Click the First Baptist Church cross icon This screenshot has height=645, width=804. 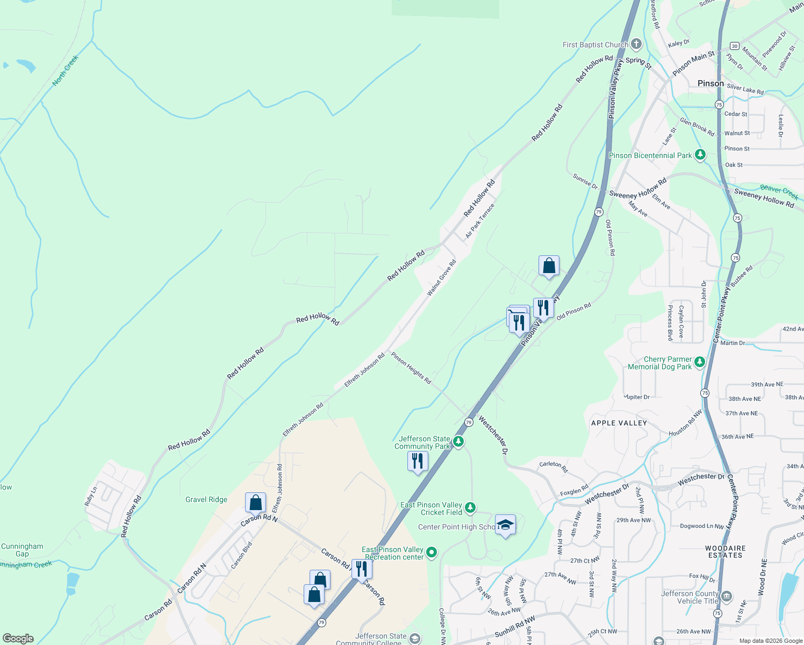click(636, 44)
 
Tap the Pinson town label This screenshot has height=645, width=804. click(710, 83)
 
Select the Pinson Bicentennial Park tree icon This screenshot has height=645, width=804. click(700, 155)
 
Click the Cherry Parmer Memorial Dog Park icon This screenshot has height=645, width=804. click(699, 362)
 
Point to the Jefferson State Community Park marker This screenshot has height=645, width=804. click(458, 442)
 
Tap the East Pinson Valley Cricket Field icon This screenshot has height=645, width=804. click(470, 508)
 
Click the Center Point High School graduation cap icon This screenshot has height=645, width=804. click(505, 525)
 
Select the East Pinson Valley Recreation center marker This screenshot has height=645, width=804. click(432, 553)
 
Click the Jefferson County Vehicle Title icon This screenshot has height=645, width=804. click(727, 596)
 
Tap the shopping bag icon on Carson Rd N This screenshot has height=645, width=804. click(256, 503)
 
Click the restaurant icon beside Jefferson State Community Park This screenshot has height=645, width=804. click(418, 461)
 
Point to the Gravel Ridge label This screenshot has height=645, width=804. click(206, 499)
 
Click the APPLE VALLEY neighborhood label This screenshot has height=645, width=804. click(619, 423)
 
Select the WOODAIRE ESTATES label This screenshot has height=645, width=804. click(725, 551)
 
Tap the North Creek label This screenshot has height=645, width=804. click(66, 70)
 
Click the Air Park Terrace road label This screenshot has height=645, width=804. click(480, 221)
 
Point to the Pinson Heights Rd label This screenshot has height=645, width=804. click(411, 368)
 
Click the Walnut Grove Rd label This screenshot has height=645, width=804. click(442, 277)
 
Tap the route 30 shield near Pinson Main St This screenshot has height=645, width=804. click(735, 46)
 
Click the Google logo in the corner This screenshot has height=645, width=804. click(18, 638)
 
